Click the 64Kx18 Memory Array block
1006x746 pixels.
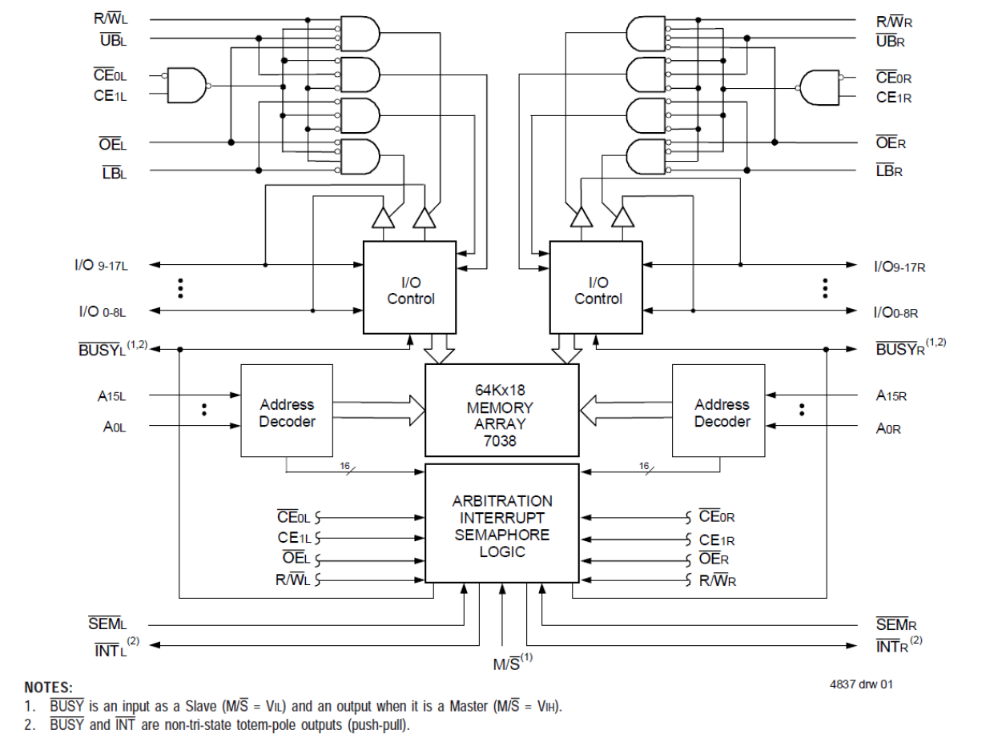tap(501, 409)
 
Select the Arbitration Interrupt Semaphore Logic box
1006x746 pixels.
tap(501, 524)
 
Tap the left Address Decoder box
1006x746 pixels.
tap(287, 411)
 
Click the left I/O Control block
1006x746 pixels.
tap(409, 287)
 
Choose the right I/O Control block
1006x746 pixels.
tap(595, 287)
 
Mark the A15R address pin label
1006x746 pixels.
tap(891, 395)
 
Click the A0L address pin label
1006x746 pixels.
tap(115, 427)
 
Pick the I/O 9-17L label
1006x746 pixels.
tap(103, 265)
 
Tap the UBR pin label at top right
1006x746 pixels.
tap(890, 41)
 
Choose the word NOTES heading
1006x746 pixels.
tap(48, 688)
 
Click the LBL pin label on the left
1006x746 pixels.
tap(114, 171)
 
